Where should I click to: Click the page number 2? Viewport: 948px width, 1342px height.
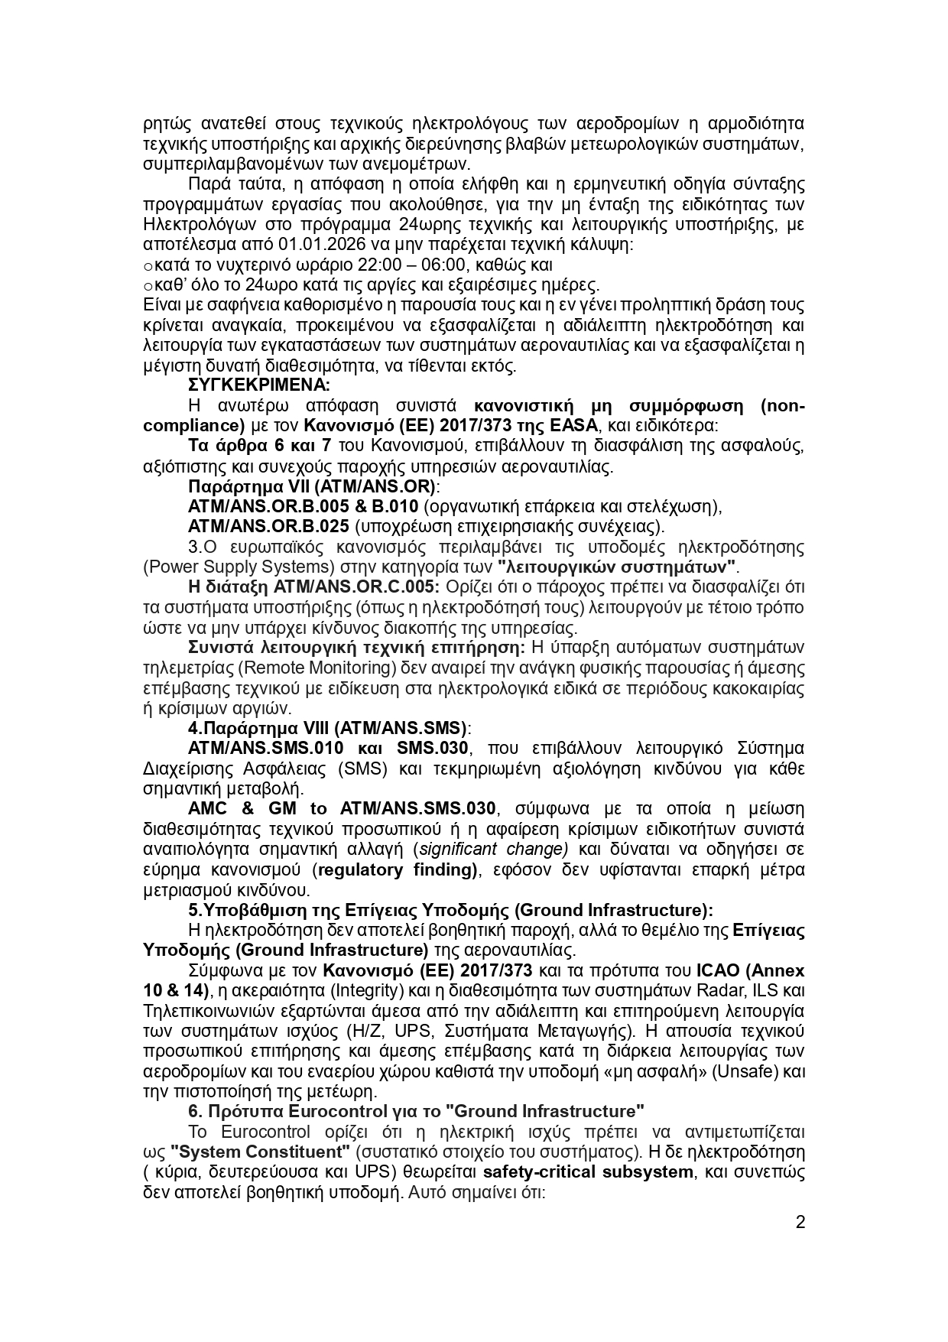(x=800, y=1222)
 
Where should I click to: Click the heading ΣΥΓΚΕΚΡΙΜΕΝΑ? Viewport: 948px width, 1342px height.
(x=258, y=385)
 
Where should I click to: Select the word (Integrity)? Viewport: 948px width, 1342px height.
(x=366, y=990)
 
